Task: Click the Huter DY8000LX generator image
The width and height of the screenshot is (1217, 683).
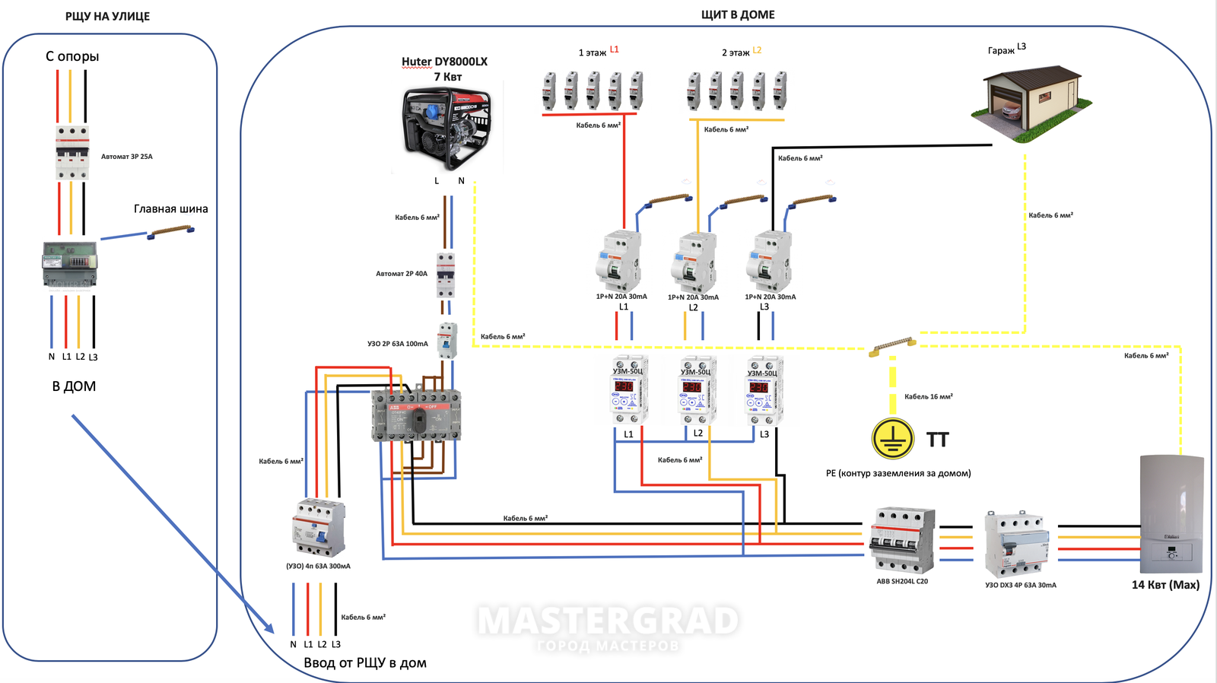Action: pos(447,128)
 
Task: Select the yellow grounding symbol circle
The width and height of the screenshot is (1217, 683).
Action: pos(892,439)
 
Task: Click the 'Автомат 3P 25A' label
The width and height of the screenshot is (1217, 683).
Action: pos(127,157)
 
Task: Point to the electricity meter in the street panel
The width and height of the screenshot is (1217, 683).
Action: pos(69,264)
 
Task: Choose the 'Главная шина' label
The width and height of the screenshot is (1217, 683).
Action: pos(170,209)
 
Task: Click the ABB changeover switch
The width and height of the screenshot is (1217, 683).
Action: pos(416,416)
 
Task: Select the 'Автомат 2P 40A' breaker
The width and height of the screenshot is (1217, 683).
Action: pos(445,275)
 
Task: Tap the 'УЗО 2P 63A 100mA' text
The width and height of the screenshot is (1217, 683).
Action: pos(398,344)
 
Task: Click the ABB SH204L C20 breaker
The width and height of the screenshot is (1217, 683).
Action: pos(902,540)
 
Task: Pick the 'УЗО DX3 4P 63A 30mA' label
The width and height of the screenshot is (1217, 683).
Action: pos(1021,585)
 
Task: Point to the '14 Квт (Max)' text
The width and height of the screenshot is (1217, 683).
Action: pos(1165,585)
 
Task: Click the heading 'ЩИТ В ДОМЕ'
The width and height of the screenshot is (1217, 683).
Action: pos(738,14)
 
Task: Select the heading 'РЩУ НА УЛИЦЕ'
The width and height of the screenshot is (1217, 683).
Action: pos(107,16)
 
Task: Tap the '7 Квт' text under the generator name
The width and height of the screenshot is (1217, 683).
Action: pos(447,77)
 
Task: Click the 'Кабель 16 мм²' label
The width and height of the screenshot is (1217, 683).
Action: pos(928,396)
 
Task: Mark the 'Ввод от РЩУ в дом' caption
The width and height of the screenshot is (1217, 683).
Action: pos(365,663)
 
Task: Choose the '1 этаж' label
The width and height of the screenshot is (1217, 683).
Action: pos(592,52)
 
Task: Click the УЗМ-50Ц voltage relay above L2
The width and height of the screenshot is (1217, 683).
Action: pos(697,389)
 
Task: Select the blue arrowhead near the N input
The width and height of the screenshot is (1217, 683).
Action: pos(269,628)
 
